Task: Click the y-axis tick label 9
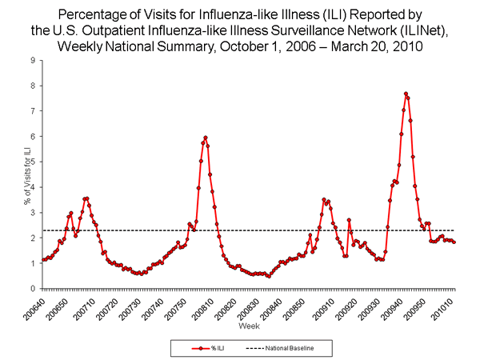(x=32, y=60)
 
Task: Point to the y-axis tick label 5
(x=32, y=162)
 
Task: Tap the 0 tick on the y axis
(x=32, y=289)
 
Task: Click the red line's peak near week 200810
(x=206, y=138)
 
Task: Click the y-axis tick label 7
(x=32, y=111)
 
